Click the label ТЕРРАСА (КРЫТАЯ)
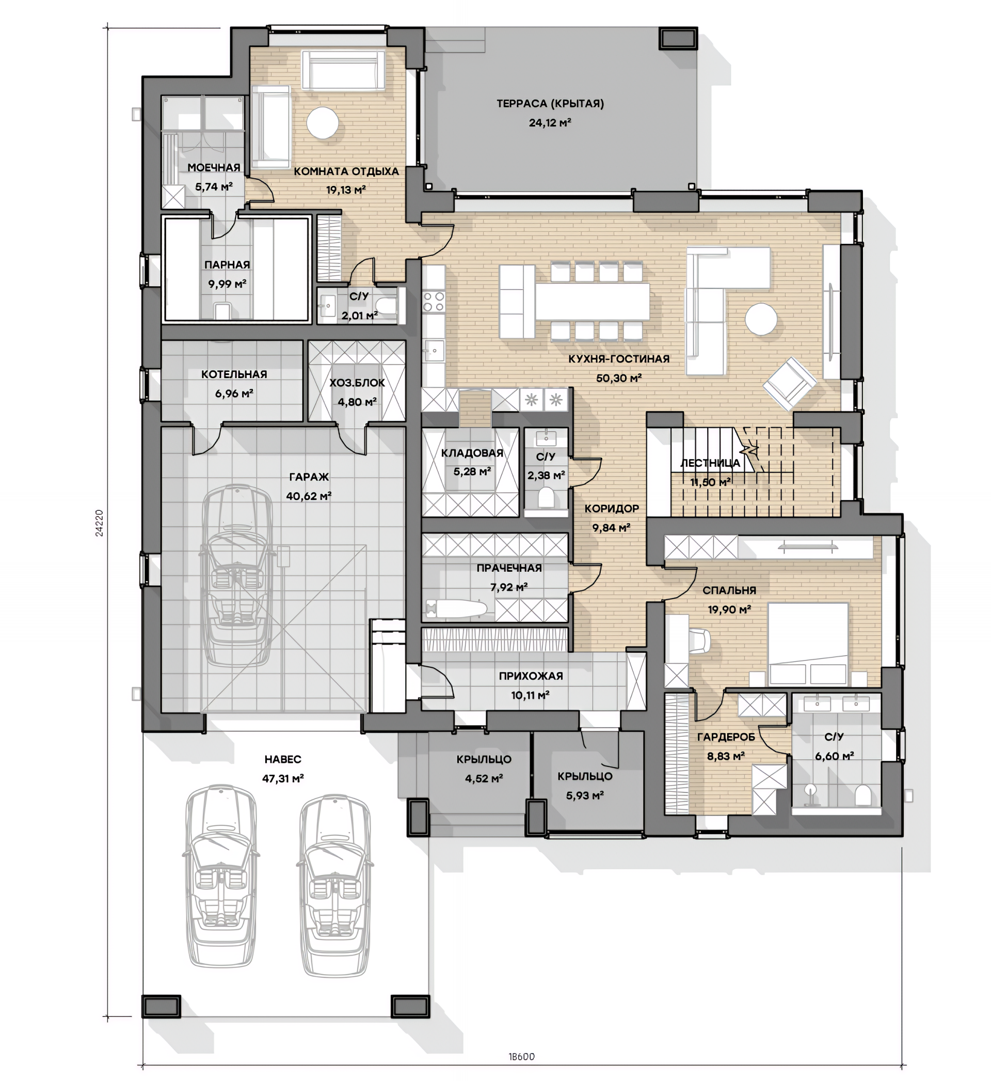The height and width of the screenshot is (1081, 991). point(550,103)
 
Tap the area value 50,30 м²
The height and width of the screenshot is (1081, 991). point(619,378)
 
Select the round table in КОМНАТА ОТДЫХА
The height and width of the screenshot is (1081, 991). point(323,123)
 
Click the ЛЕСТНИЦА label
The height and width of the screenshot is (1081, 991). point(710,463)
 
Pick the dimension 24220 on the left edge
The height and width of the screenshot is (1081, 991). point(99,523)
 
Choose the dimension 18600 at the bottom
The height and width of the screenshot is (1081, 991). point(521,1057)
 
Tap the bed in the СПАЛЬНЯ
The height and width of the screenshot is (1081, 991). point(808,644)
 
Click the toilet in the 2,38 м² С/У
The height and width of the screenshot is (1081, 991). point(546,497)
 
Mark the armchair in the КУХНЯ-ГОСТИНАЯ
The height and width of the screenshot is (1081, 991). point(790,384)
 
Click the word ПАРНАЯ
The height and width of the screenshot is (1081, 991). point(227,264)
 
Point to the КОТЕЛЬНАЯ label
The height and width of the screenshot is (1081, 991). point(234,374)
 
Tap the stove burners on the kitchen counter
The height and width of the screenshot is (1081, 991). point(433,301)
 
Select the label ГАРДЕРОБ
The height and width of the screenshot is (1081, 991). point(726,737)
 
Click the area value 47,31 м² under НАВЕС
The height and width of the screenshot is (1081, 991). point(283,778)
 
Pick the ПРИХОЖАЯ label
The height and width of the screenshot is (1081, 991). point(531,676)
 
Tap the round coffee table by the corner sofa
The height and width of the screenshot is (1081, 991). point(760,319)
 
